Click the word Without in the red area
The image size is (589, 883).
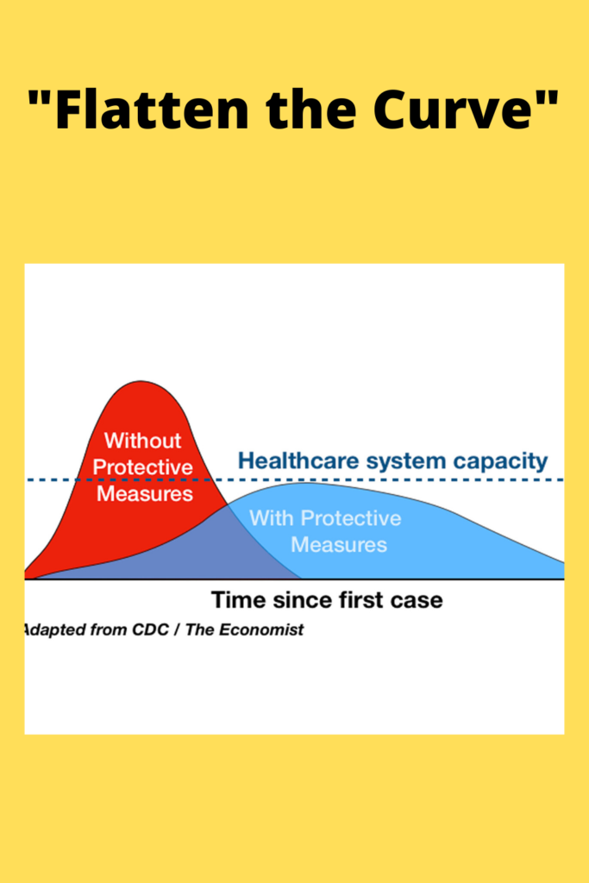point(142,441)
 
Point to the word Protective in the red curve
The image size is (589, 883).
point(143,467)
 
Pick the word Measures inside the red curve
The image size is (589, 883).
point(145,493)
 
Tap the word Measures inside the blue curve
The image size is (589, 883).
point(339,545)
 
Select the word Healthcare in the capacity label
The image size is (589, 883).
point(298,460)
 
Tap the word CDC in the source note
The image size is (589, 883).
point(150,629)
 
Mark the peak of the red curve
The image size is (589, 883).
point(141,381)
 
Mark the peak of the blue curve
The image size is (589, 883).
point(307,483)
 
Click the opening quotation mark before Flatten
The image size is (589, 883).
point(39,98)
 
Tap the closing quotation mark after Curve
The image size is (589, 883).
point(548,98)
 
